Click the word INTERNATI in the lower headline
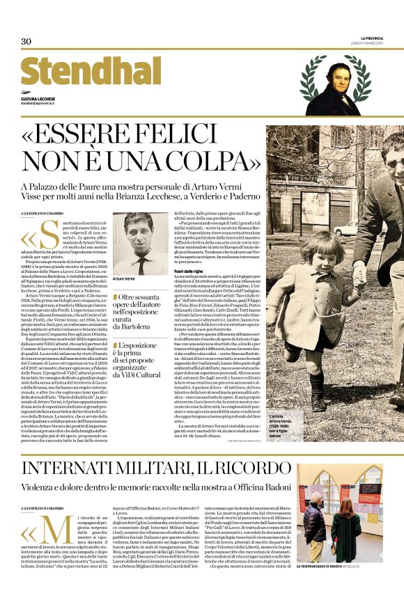(80, 468)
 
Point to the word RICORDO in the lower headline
(241, 468)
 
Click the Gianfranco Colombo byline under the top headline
(42, 213)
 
